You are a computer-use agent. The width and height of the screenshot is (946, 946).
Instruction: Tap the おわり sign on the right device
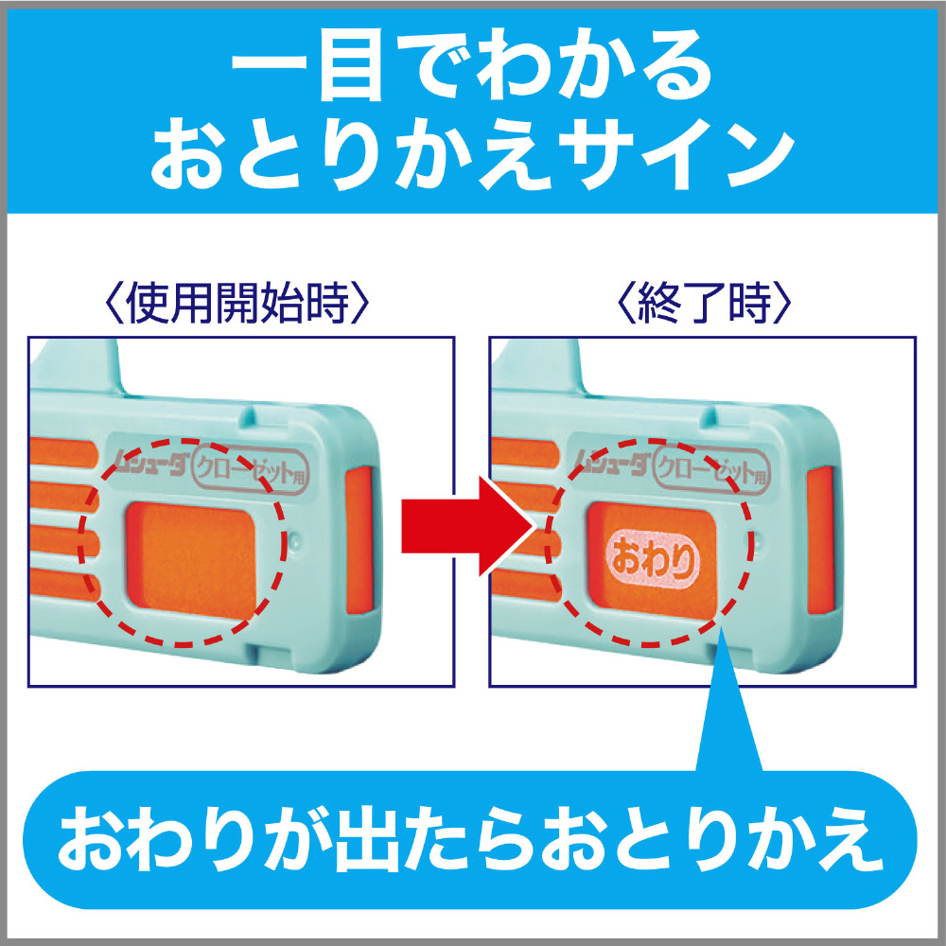[x=653, y=559]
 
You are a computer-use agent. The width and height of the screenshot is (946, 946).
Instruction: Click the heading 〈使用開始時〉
[x=236, y=303]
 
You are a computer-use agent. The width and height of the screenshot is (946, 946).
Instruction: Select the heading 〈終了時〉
[x=704, y=303]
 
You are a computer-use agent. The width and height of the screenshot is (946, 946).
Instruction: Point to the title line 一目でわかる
[x=472, y=67]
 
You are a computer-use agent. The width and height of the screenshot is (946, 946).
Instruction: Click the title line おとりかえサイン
[x=472, y=157]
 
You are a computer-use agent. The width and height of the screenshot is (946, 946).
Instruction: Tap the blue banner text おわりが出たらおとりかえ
[x=471, y=839]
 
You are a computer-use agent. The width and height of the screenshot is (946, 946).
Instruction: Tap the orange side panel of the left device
[x=359, y=540]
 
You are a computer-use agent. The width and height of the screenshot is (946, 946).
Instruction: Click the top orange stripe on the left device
[x=62, y=452]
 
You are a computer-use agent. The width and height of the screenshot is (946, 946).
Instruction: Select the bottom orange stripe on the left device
[x=64, y=585]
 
